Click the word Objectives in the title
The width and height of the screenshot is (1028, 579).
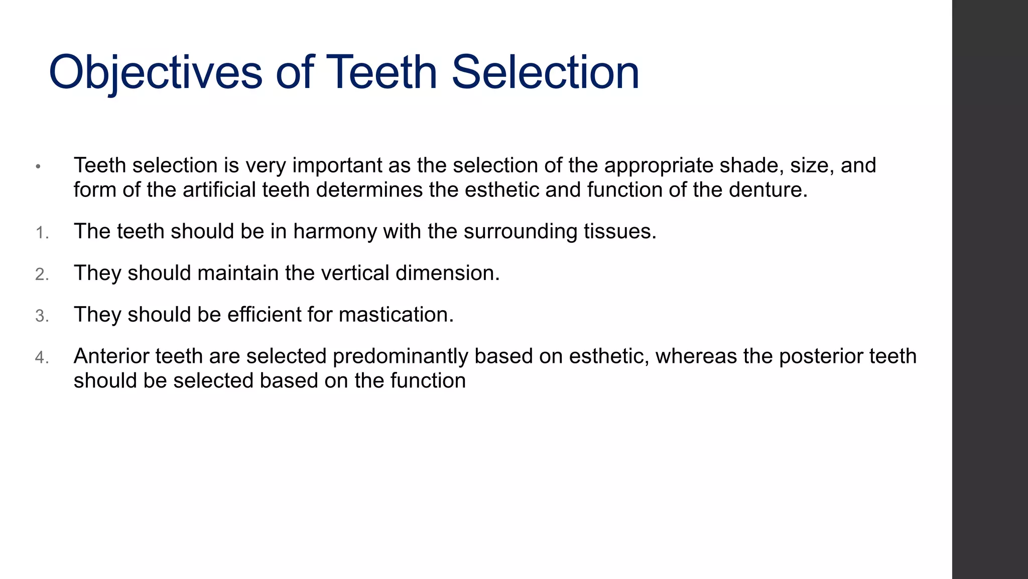pyautogui.click(x=155, y=73)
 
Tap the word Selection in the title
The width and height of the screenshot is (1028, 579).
pyautogui.click(x=545, y=73)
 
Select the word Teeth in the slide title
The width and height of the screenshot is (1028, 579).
pyautogui.click(x=382, y=73)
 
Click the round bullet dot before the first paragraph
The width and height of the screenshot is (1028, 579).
pyautogui.click(x=38, y=166)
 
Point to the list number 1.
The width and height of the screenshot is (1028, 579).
pyautogui.click(x=42, y=233)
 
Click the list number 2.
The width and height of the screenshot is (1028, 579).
pyautogui.click(x=42, y=275)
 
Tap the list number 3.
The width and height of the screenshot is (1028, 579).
pyautogui.click(x=42, y=317)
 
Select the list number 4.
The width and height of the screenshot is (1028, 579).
pyautogui.click(x=42, y=358)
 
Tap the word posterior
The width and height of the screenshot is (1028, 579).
pyautogui.click(x=821, y=356)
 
